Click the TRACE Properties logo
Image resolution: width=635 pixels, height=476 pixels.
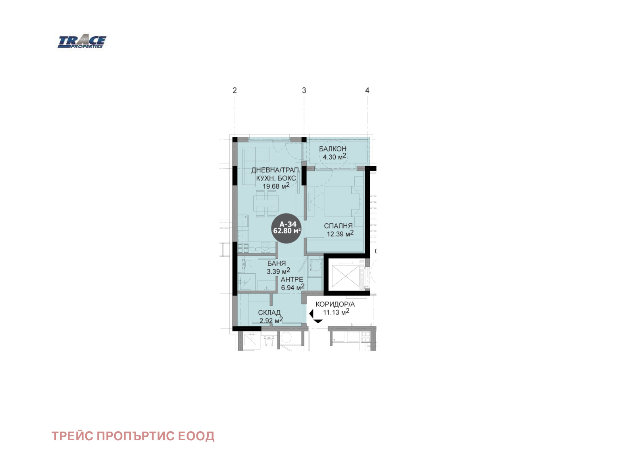82,42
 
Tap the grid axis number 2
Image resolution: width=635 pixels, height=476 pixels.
235,90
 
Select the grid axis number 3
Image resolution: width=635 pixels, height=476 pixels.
304,90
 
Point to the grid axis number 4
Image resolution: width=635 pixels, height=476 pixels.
367,90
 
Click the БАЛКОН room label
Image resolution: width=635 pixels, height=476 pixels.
333,149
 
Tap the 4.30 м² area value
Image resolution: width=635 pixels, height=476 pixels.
335,157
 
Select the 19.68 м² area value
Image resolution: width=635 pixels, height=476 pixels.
276,186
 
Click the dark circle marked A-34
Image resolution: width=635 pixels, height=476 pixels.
287,228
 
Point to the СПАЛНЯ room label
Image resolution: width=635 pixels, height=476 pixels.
338,226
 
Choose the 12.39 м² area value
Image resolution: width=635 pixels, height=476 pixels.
340,234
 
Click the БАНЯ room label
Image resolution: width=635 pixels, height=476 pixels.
277,263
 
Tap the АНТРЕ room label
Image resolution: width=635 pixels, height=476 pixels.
292,280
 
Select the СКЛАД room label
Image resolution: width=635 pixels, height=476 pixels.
269,313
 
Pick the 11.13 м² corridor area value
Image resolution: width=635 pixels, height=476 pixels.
336,312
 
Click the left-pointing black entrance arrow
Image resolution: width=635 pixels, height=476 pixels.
311,314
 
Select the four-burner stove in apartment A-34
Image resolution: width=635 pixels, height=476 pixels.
243,248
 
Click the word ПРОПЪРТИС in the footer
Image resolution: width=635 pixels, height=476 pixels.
135,436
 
